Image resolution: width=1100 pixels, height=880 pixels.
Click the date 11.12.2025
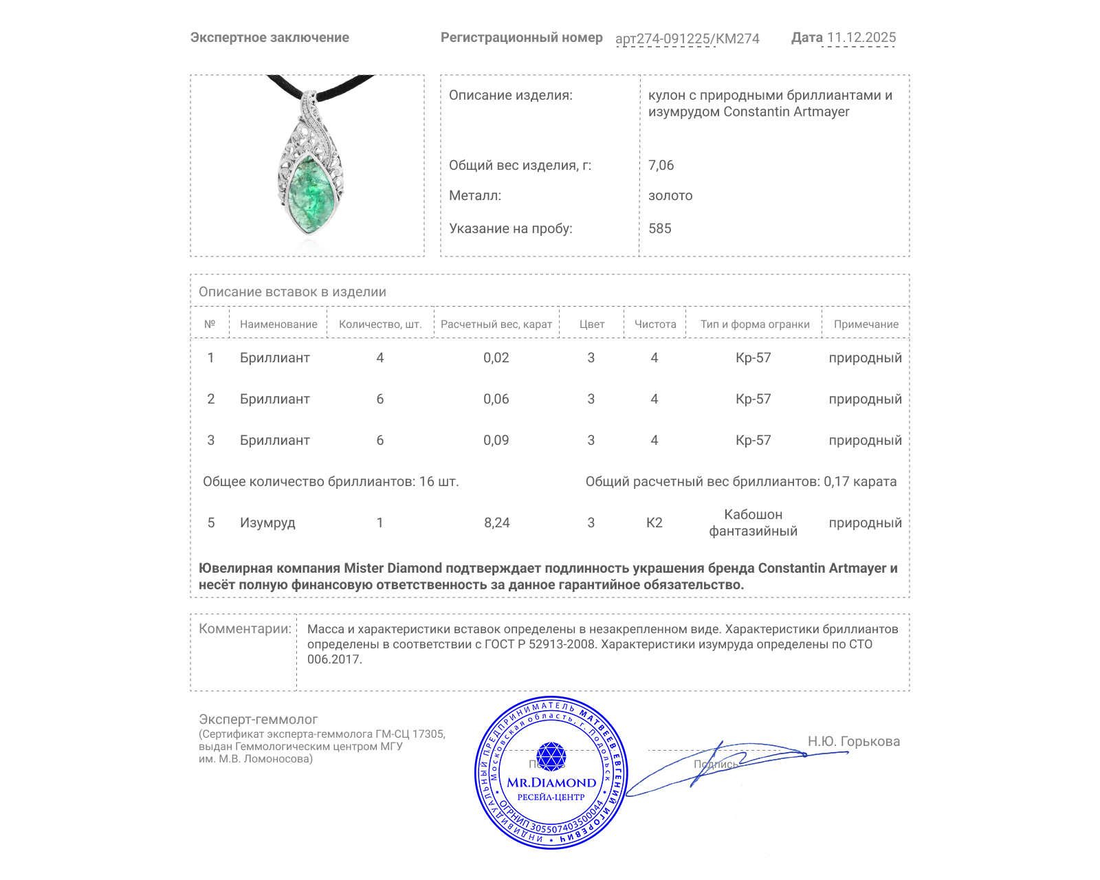click(x=861, y=38)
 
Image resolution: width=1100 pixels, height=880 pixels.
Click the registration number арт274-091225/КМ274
click(x=687, y=38)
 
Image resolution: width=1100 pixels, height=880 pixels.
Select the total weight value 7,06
click(x=661, y=165)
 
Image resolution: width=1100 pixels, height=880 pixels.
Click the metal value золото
click(x=670, y=195)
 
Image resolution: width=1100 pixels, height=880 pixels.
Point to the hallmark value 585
click(x=659, y=228)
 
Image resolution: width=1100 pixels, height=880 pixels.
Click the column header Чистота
click(x=654, y=324)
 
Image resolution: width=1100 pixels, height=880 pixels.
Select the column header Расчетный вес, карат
click(x=496, y=324)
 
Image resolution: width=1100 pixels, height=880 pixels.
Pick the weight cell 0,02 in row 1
click(x=496, y=357)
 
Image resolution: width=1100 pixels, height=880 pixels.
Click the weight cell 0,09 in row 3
click(x=496, y=440)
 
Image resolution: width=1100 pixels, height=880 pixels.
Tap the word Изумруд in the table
click(x=267, y=522)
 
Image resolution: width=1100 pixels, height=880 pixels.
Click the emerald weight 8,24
click(x=496, y=522)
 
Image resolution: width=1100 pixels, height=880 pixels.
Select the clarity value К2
click(x=654, y=522)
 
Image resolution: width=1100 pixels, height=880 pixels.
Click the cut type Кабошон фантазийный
click(x=753, y=522)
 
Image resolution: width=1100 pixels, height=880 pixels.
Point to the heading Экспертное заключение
click(x=269, y=38)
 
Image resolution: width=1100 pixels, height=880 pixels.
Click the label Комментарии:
click(x=245, y=628)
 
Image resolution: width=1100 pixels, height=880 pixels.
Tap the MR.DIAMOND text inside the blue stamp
click(x=551, y=782)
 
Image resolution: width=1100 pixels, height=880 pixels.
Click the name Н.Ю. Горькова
click(x=853, y=741)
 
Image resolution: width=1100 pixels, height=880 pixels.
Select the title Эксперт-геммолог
click(x=258, y=719)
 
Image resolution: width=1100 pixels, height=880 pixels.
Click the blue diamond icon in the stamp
click(x=551, y=756)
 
